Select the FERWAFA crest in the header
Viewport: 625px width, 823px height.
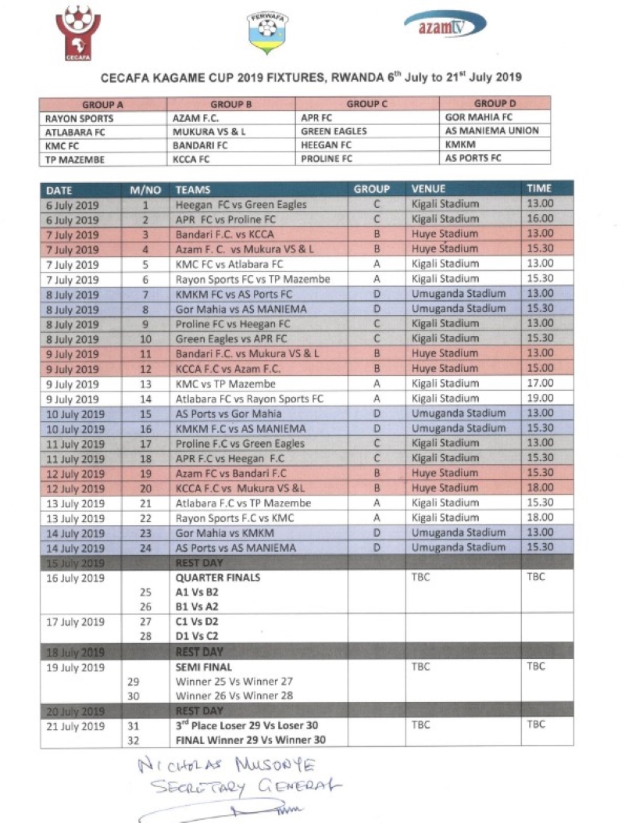[267, 33]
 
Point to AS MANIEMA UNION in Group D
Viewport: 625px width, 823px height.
[491, 131]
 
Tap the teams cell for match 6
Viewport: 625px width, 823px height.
[252, 279]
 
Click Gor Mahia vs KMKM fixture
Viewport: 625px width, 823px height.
[226, 533]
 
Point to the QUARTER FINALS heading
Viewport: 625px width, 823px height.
[217, 578]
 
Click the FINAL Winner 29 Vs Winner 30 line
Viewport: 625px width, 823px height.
[250, 740]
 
